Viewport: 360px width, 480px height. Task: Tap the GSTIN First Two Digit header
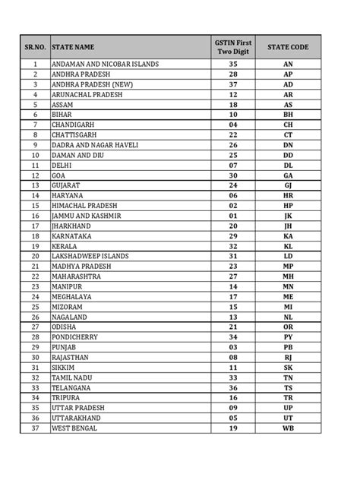pos(233,47)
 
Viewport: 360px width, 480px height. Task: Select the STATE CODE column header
pos(288,47)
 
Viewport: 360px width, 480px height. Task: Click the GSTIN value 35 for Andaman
pos(233,65)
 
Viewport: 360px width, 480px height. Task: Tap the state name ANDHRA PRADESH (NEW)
pos(90,85)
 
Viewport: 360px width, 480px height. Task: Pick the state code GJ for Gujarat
pos(288,186)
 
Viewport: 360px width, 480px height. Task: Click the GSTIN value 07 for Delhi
pos(233,166)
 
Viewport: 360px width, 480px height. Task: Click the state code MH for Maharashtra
pos(288,277)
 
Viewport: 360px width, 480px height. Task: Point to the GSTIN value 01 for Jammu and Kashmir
pos(233,216)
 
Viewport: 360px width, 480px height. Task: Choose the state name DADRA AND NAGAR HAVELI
pos(94,145)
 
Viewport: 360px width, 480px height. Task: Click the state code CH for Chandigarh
pos(288,125)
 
